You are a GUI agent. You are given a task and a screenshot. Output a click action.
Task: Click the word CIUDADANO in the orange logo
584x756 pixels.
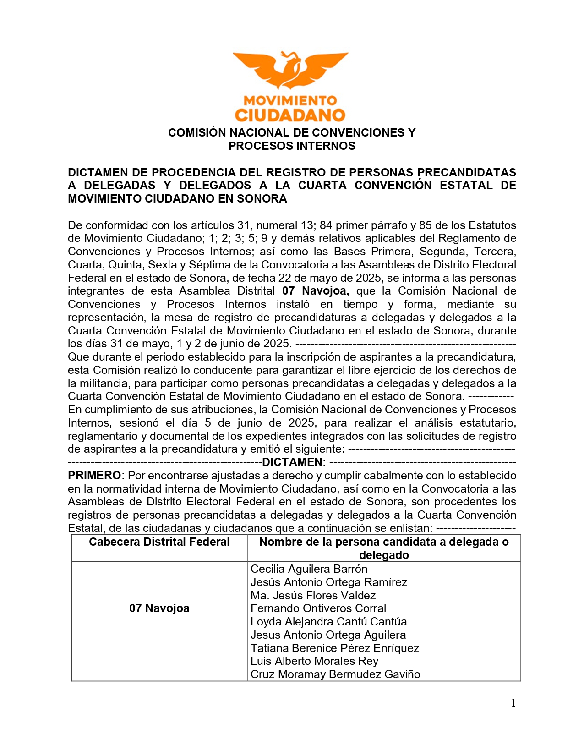[290, 115]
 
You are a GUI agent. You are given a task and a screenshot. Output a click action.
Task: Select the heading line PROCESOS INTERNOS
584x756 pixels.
[292, 146]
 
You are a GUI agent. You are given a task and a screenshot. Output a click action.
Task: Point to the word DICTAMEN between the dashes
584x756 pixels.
[294, 462]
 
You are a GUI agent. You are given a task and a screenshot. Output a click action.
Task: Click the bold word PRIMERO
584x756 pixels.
[96, 476]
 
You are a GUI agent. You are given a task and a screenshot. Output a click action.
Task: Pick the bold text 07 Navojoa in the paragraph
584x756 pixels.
[315, 291]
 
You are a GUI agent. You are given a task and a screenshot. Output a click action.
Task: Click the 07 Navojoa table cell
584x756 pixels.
[159, 608]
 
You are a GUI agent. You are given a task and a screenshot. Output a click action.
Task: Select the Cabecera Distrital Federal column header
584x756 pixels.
[159, 542]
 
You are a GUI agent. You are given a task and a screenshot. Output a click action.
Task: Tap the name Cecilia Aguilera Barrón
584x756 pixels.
[309, 569]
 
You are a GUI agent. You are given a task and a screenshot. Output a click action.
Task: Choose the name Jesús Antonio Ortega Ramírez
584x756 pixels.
[328, 582]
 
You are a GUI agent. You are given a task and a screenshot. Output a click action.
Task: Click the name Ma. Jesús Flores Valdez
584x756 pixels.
[313, 596]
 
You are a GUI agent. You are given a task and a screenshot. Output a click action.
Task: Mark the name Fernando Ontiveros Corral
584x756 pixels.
[318, 608]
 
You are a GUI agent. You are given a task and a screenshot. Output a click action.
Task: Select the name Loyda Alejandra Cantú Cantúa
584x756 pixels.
[328, 622]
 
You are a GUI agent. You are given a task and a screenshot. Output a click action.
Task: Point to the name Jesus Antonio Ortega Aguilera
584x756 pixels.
[328, 635]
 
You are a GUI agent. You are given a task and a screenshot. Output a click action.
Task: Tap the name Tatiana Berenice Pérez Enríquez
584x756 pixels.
[334, 648]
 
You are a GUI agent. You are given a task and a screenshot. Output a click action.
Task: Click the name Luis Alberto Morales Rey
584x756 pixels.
[314, 661]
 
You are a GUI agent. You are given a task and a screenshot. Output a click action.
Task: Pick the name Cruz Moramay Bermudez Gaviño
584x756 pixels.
[335, 674]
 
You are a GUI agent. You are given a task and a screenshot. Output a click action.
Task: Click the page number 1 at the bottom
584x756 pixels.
[513, 703]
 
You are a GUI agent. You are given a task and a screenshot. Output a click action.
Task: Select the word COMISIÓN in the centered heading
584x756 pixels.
[197, 133]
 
